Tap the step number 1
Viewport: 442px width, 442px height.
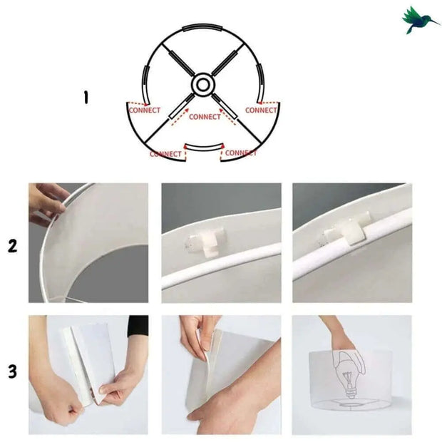pos(86,97)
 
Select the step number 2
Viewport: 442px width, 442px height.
pos(12,247)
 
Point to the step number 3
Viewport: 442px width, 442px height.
pos(12,371)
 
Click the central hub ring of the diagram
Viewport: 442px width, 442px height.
pos(203,85)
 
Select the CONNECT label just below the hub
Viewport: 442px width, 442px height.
pos(206,117)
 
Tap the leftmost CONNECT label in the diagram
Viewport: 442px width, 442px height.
pos(144,110)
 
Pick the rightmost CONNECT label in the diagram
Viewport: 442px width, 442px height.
pos(261,110)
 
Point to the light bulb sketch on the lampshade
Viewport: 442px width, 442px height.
pos(352,373)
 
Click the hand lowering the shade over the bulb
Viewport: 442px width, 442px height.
pos(341,334)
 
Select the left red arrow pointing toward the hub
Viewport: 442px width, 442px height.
pos(178,114)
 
